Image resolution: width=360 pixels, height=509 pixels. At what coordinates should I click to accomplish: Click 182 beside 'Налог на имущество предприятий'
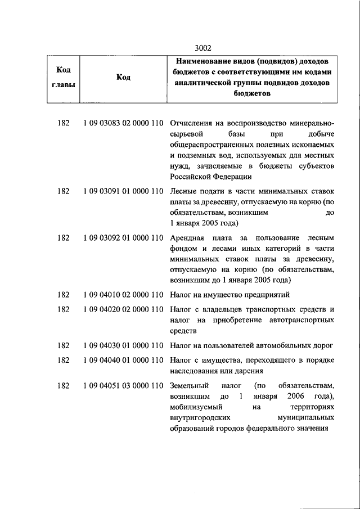coord(63,294)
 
